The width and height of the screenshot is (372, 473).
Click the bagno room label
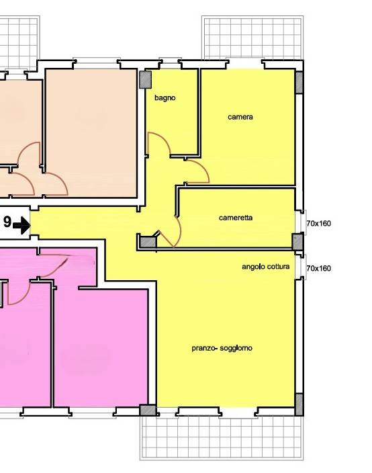tap(165, 98)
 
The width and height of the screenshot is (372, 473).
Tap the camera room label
tap(240, 117)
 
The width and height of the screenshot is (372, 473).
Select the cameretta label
tap(236, 218)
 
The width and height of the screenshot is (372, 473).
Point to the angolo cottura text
tap(266, 267)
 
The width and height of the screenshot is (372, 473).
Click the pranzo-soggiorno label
tap(222, 348)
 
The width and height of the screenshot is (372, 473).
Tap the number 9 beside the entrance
tap(7, 222)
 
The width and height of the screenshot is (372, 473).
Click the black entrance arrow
tap(21, 225)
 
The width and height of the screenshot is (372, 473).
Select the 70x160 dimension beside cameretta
tap(319, 224)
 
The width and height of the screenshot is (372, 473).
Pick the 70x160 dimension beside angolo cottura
tap(319, 268)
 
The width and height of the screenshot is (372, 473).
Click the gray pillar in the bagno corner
tap(145, 80)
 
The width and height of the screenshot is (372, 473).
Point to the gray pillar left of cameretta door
tap(148, 242)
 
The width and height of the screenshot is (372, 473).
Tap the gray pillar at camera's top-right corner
tap(299, 83)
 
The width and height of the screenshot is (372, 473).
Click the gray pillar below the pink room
tap(148, 411)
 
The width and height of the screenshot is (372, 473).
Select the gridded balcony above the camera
tap(252, 38)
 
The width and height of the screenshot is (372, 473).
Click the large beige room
tap(91, 133)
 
